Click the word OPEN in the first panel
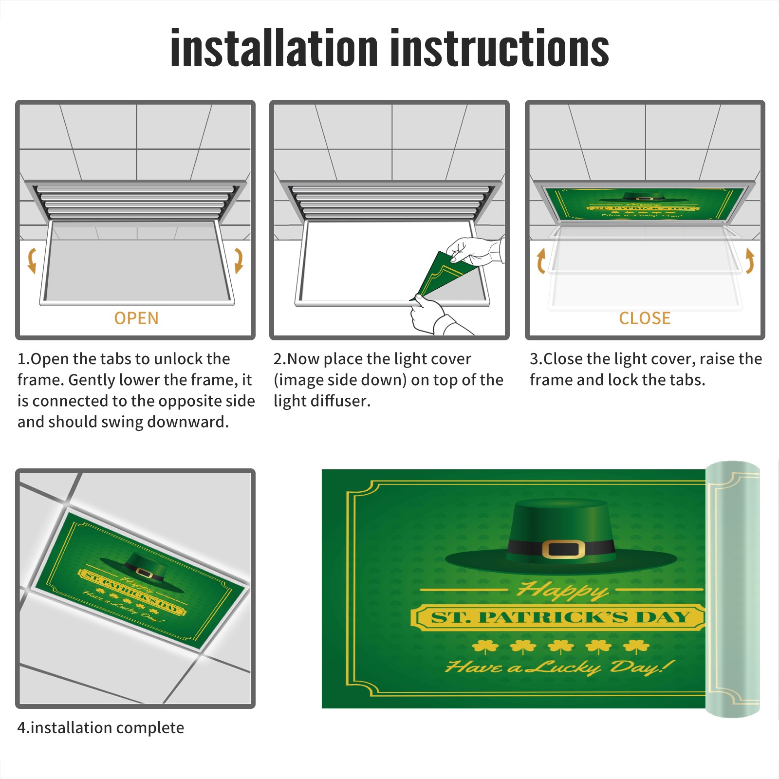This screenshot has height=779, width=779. [x=136, y=318]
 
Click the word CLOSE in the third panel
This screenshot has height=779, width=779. [x=645, y=318]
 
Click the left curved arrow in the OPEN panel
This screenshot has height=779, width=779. [x=31, y=260]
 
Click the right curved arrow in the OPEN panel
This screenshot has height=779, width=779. [x=239, y=260]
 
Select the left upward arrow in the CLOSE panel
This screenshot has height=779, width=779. [x=540, y=260]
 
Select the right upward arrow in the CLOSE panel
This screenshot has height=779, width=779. [x=750, y=260]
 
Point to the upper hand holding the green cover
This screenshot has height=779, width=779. [x=475, y=251]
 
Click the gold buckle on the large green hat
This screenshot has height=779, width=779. [x=563, y=549]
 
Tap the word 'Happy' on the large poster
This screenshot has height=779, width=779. [x=563, y=590]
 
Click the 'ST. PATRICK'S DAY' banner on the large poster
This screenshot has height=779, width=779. [x=559, y=617]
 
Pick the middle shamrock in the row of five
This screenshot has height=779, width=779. [x=560, y=647]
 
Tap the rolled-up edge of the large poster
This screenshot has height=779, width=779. [x=732, y=589]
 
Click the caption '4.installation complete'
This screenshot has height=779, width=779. [x=101, y=728]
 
